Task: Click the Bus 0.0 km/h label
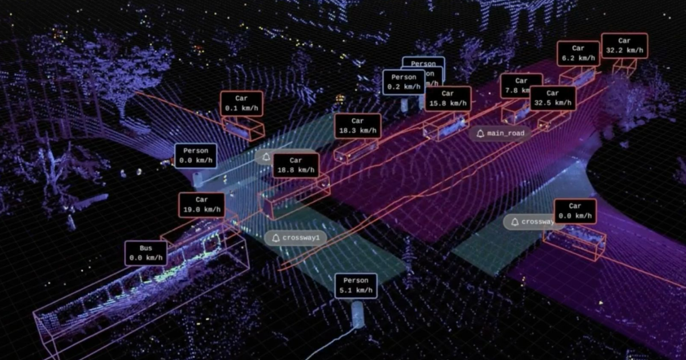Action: [x=146, y=253]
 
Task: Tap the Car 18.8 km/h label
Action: [x=295, y=165]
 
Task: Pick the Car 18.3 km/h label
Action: [x=357, y=126]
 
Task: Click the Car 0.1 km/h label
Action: [x=241, y=103]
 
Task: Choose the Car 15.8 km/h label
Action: [x=448, y=98]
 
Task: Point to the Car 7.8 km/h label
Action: [x=521, y=86]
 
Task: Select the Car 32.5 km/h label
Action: [x=552, y=98]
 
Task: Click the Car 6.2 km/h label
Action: [x=578, y=54]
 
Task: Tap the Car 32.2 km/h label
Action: [x=624, y=46]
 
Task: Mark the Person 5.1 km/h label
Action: [x=356, y=286]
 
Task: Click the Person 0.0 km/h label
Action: [x=196, y=155]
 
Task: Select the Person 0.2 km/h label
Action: [x=404, y=82]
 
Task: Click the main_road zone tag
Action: [x=500, y=134]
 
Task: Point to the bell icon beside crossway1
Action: [x=276, y=238]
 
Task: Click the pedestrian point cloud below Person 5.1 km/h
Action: [x=358, y=314]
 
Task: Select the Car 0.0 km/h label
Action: [x=575, y=211]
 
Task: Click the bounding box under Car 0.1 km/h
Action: [x=243, y=129]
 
